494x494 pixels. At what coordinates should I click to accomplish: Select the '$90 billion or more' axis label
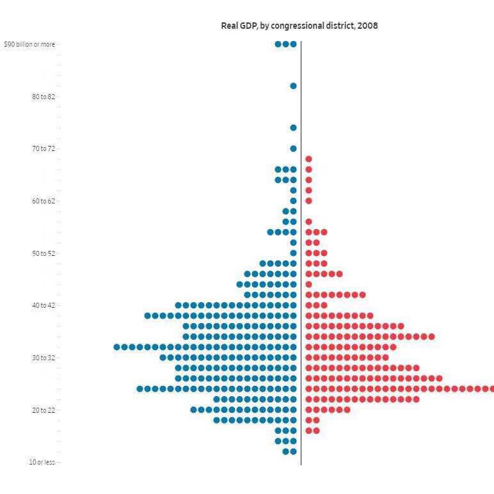click(29, 44)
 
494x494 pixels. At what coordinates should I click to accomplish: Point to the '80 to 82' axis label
click(44, 97)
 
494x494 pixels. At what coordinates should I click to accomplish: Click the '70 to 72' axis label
click(44, 148)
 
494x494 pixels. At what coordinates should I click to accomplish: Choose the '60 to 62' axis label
click(44, 201)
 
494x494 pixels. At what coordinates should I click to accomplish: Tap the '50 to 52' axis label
click(44, 253)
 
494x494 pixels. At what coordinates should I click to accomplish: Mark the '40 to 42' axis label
click(44, 305)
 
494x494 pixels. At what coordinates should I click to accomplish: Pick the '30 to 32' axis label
click(44, 358)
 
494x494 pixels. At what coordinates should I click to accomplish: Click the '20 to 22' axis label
click(44, 410)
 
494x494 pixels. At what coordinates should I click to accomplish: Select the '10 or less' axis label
click(42, 462)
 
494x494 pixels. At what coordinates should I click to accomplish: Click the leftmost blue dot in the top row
click(278, 44)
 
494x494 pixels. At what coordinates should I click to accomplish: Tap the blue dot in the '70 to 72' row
click(293, 148)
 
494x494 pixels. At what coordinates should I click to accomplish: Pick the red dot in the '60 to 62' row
click(308, 201)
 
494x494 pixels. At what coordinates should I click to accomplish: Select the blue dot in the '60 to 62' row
click(293, 201)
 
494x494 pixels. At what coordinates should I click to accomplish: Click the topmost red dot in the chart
click(308, 159)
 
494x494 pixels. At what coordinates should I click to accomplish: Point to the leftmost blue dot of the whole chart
click(117, 347)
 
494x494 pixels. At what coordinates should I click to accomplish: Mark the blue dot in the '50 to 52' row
click(293, 253)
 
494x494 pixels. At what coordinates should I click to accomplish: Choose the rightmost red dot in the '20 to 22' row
click(347, 410)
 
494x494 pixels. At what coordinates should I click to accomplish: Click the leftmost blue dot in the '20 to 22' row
click(194, 410)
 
